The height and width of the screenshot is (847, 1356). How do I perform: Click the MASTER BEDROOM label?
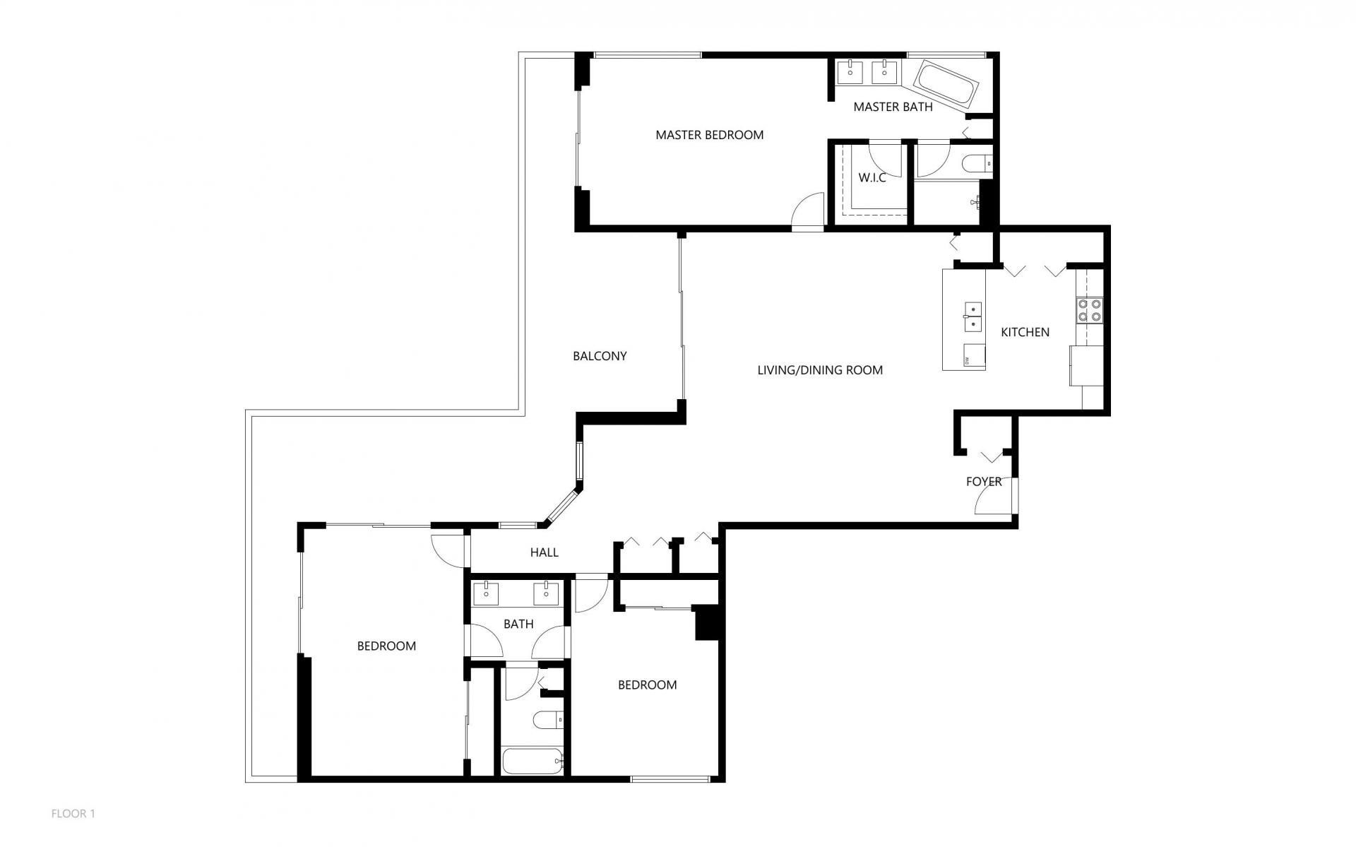point(709,135)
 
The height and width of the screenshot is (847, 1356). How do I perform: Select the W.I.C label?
point(872,178)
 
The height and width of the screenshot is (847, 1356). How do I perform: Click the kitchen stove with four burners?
point(1089,309)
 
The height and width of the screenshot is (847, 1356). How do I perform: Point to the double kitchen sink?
point(973,317)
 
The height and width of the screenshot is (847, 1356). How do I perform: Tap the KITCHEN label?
point(1025,332)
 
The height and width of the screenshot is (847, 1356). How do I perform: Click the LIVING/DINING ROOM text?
point(819,370)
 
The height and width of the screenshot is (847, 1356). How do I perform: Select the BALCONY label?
point(600,356)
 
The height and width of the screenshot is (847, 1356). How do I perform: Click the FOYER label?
point(983,482)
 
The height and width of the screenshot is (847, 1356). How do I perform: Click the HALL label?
point(544,552)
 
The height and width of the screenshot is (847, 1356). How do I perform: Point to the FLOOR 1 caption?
point(73,814)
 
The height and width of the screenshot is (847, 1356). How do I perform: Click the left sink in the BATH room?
point(486,593)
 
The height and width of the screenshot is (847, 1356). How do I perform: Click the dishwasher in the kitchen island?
point(975,356)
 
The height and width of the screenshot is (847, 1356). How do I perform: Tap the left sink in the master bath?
point(852,71)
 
